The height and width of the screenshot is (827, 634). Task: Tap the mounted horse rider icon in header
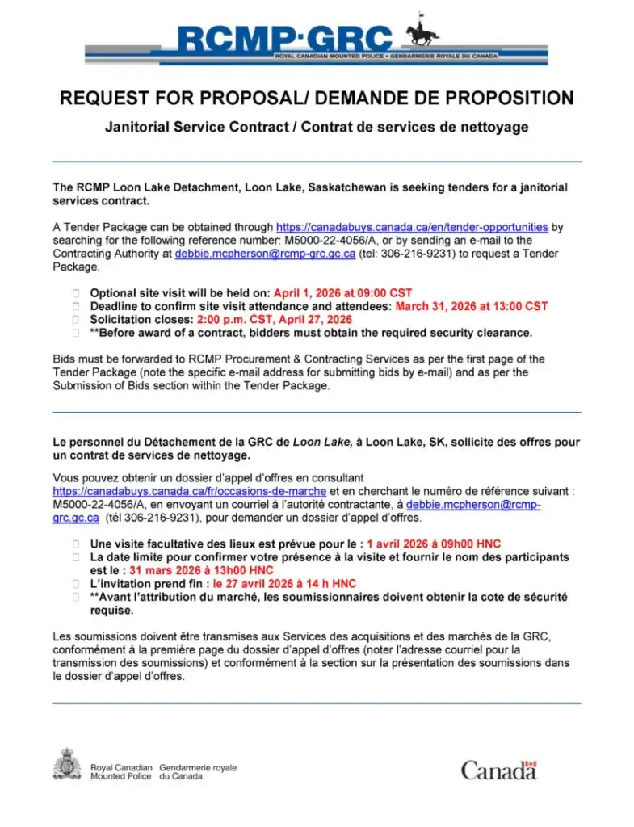[x=422, y=31]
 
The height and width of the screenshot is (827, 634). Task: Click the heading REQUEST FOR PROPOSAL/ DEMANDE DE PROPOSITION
[x=317, y=99]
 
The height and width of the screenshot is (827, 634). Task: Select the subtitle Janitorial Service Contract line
[x=317, y=127]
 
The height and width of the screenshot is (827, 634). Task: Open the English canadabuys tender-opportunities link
[x=412, y=228]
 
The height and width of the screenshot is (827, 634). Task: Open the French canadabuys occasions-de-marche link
[x=190, y=491]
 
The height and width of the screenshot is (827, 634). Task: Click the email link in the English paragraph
[x=266, y=254]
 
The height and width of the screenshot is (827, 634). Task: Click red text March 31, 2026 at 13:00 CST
[x=471, y=306]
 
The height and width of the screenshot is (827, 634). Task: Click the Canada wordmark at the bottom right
[x=498, y=770]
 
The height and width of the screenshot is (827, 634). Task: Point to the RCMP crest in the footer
[x=66, y=765]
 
